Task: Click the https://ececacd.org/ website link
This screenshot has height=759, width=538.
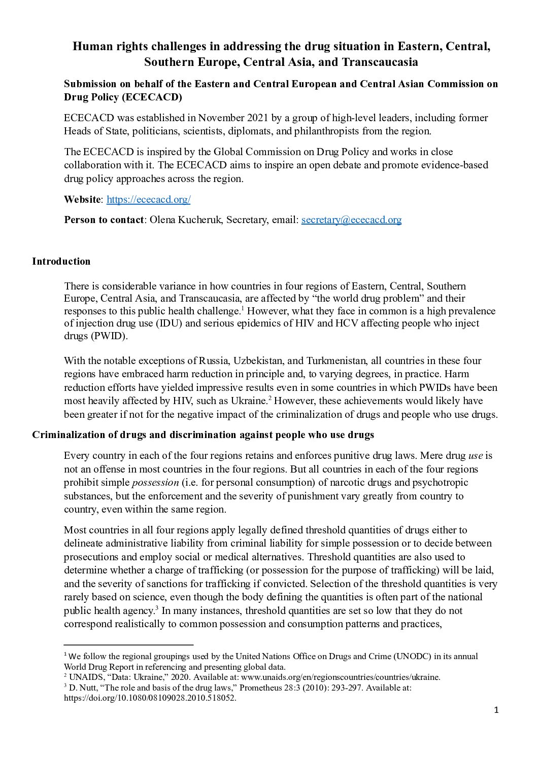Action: coord(148,199)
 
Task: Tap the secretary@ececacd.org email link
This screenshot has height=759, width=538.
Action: coord(351,220)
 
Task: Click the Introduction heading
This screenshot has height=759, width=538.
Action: coord(61,261)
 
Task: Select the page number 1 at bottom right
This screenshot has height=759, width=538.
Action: coord(496,710)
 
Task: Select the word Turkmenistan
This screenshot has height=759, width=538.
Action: coord(334,360)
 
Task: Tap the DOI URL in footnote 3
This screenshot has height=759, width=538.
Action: coord(150,698)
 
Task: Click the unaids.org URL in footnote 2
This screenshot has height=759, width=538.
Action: coord(340,677)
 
